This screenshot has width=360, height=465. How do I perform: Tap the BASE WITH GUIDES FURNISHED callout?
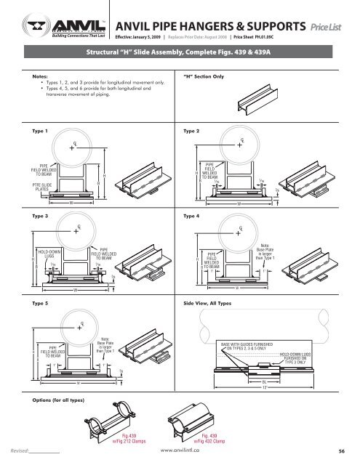257,344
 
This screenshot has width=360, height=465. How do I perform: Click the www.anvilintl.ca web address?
180,450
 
